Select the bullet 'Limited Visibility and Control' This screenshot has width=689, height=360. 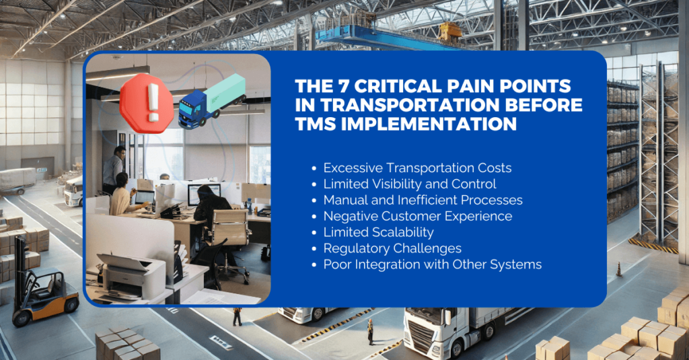point(409,184)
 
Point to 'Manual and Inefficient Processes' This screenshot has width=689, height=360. point(423,200)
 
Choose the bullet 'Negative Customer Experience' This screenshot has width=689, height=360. point(417,216)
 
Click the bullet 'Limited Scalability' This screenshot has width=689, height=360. point(378,232)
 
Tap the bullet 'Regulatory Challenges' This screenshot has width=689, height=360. point(392,248)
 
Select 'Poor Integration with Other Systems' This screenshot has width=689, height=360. point(432,264)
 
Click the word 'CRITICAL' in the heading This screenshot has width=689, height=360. point(392,87)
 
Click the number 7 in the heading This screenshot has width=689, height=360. point(349,87)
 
